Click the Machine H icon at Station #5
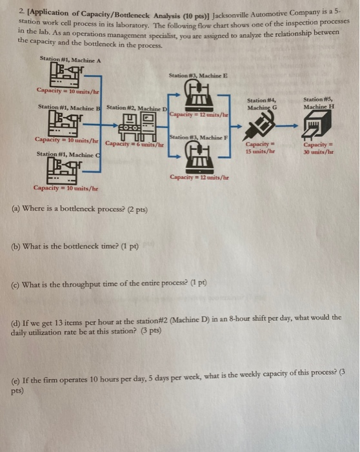(x=321, y=125)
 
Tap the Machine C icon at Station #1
(x=65, y=170)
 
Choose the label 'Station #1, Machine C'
(x=65, y=154)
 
